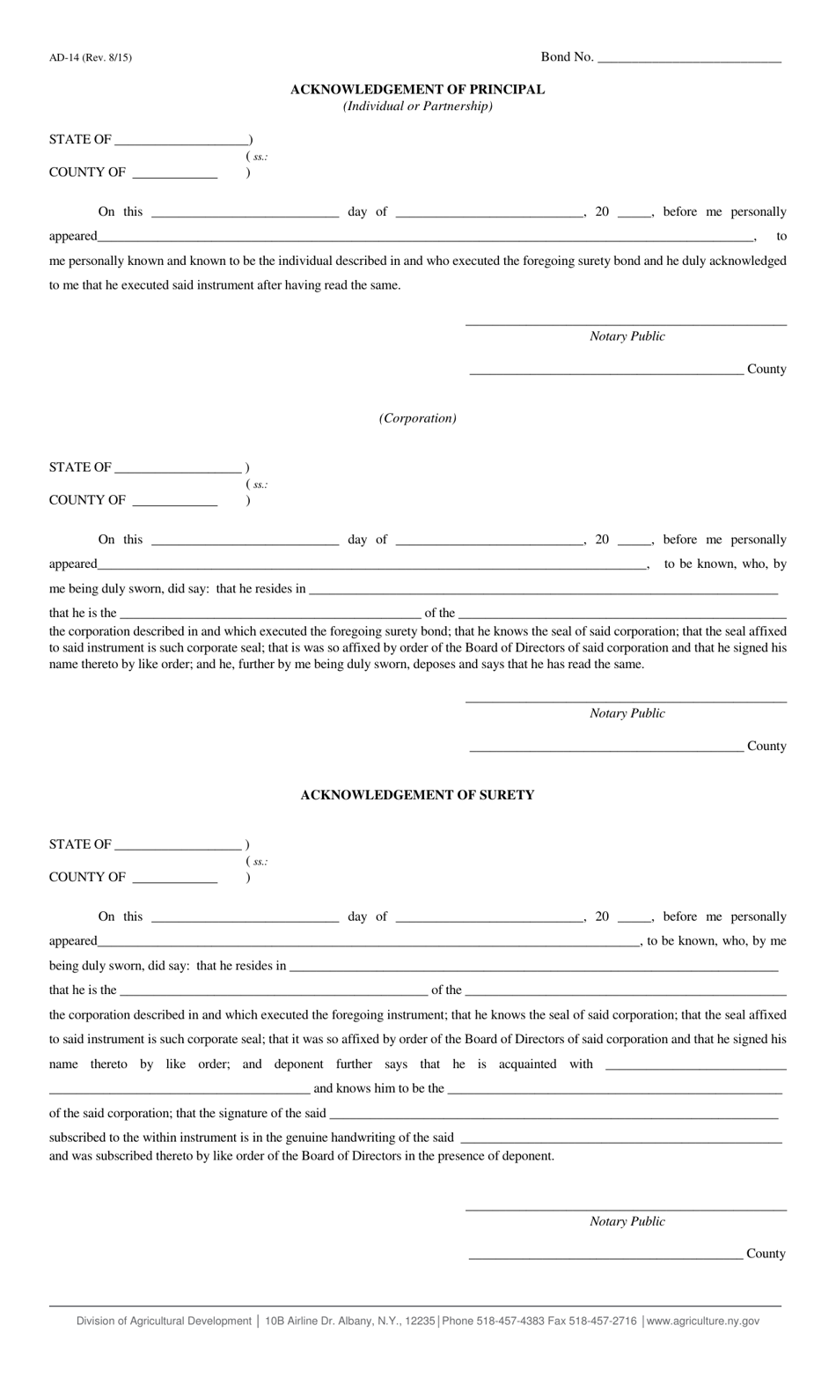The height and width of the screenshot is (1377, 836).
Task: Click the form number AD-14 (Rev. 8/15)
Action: [x=91, y=58]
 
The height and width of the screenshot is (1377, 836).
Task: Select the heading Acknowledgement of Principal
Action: [x=417, y=90]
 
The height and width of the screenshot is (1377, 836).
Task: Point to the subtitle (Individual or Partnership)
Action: [x=417, y=107]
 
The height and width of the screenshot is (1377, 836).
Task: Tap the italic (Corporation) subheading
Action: [x=417, y=418]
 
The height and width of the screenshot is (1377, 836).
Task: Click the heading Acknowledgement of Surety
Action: [x=417, y=795]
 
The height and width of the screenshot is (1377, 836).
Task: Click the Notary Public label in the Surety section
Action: [x=627, y=1221]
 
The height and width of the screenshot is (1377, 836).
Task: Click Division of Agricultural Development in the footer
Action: [x=164, y=1321]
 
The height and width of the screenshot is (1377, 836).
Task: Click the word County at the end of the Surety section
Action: [x=766, y=1254]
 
